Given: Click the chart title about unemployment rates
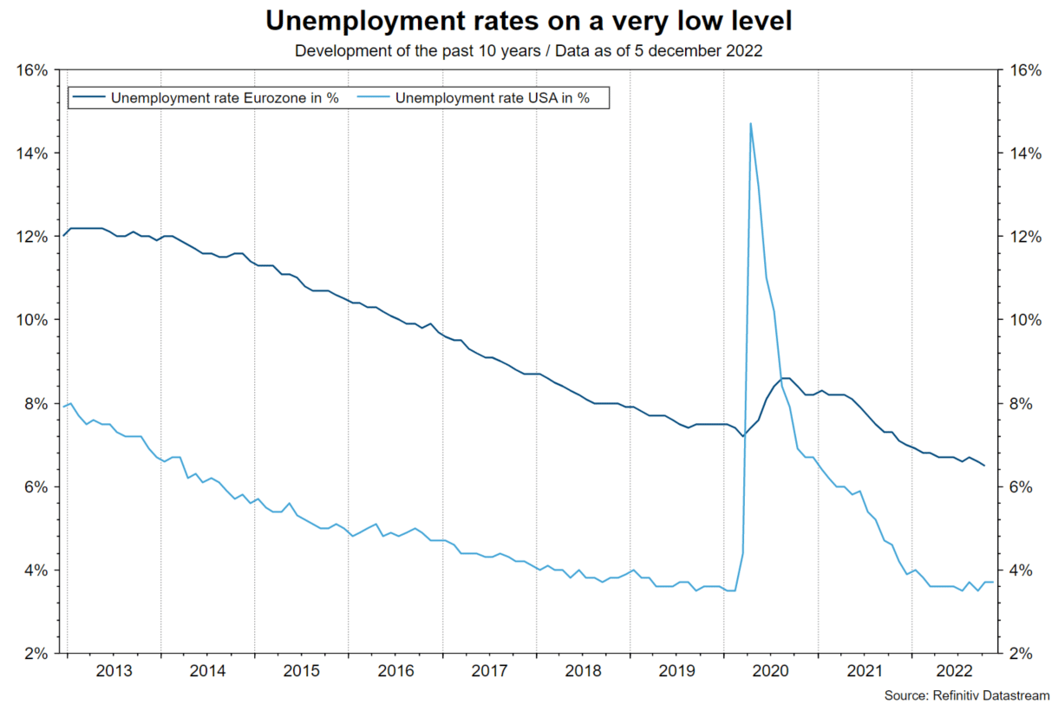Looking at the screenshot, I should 528,21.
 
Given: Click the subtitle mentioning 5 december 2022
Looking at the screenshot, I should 528,50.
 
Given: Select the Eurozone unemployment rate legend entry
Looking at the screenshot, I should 224,98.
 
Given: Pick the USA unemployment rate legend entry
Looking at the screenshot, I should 492,98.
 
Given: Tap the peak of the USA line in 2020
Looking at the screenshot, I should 750,123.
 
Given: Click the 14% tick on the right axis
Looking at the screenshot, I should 1024,153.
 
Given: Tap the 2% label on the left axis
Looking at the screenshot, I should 36,654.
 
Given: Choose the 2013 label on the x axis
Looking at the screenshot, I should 114,671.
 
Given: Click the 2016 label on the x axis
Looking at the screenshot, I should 395,671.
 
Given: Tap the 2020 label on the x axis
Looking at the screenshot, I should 770,671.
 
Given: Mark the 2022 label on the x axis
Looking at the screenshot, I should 957,671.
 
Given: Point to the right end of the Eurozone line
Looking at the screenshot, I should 984,466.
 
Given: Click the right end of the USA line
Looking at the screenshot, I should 992,583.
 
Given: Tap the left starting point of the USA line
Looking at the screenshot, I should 63,407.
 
